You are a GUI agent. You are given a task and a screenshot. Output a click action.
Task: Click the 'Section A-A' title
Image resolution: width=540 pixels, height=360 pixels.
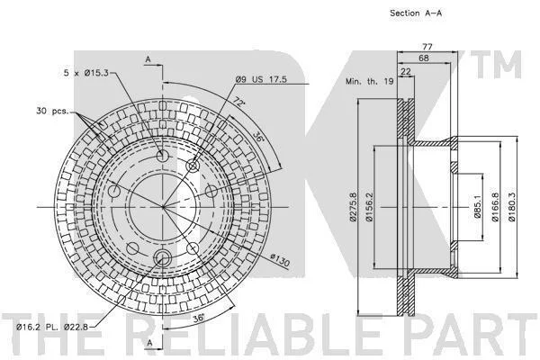pos(416,13)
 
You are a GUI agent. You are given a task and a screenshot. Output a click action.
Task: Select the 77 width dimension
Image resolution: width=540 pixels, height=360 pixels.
pos(427,47)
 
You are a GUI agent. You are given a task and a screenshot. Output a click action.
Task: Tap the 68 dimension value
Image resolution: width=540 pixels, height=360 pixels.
pos(424,58)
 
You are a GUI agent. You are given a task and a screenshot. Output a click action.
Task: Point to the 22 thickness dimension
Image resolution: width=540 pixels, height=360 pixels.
pos(406,71)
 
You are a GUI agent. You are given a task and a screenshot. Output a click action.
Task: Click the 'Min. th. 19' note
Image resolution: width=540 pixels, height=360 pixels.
pos(370,81)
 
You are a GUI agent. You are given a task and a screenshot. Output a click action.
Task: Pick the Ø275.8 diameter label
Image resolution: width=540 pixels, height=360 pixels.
pos(353,207)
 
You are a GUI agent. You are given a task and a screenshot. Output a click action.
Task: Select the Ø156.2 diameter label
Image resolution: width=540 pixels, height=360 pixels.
pos(369,207)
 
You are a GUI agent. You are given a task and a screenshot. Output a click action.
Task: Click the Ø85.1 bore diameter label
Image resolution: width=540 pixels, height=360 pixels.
pos(477,206)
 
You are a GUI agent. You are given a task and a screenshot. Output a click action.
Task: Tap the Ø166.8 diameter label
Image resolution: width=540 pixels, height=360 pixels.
pos(495,207)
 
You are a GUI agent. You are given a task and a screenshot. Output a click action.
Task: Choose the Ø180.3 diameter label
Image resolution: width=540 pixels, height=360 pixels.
pos(512,207)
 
